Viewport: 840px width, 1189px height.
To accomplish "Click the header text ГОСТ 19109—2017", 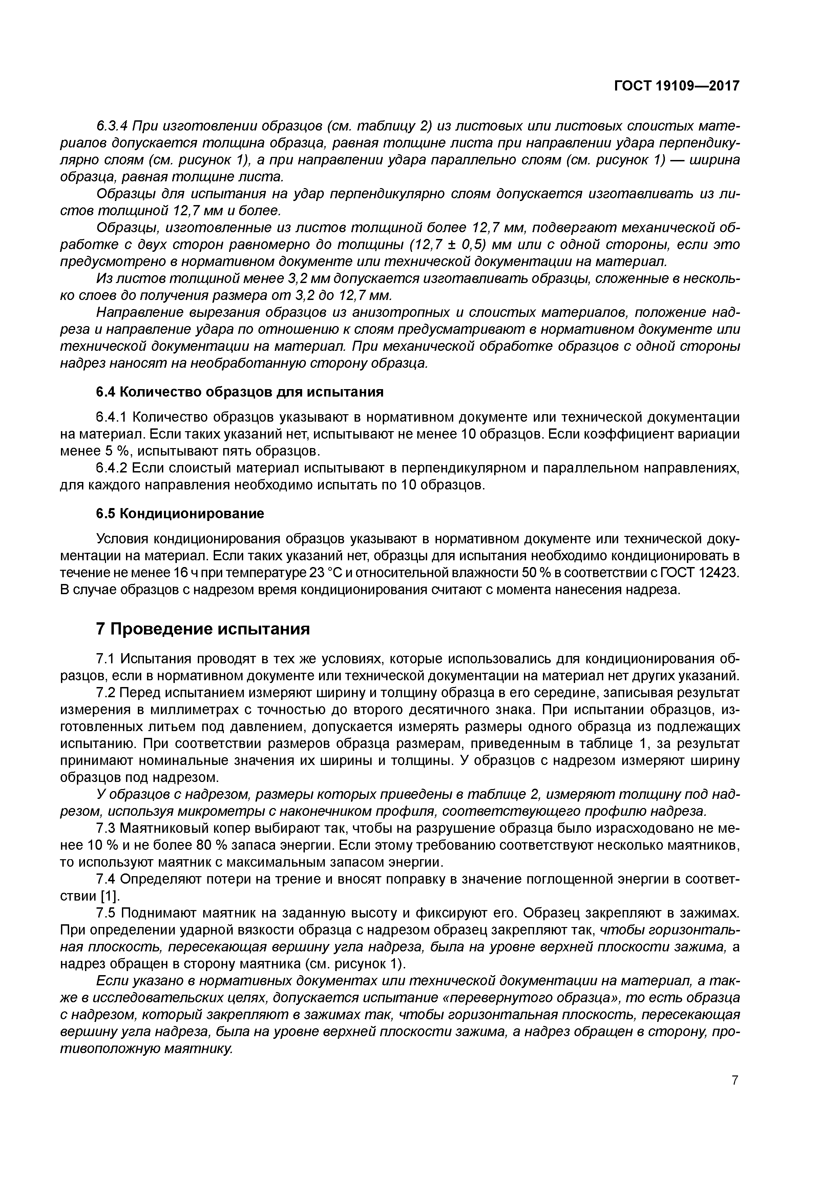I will [x=676, y=86].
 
